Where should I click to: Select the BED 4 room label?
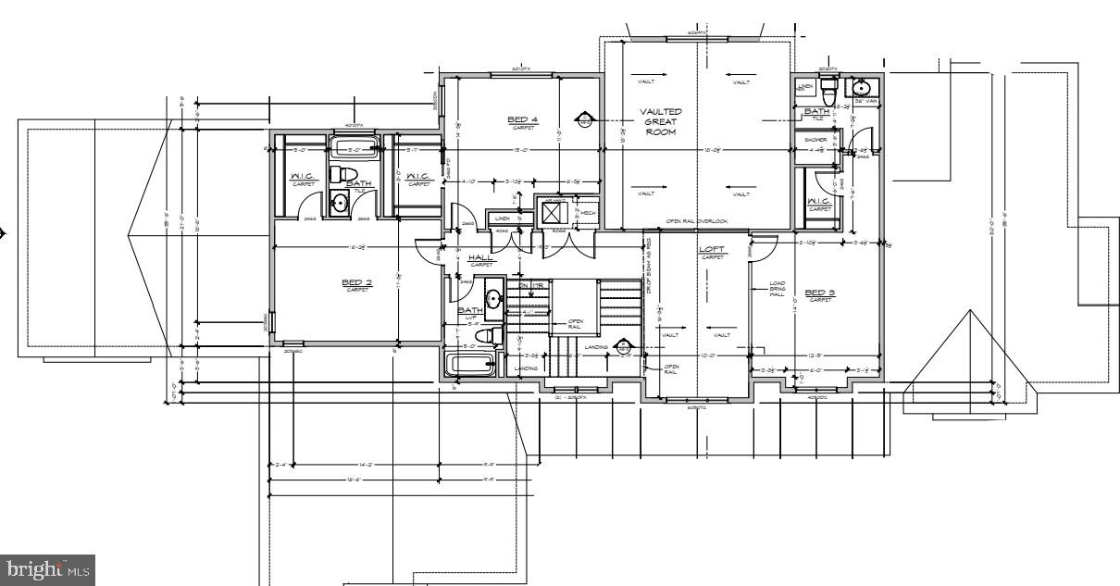(x=523, y=119)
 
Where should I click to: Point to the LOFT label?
(x=711, y=250)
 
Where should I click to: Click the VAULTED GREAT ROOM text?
(x=661, y=121)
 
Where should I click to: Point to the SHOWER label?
(x=816, y=141)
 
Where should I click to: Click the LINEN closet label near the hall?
(x=503, y=218)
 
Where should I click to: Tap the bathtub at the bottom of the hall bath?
(x=475, y=364)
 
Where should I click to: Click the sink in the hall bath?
(x=493, y=298)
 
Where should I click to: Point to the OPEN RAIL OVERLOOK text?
(x=698, y=222)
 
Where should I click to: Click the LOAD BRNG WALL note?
(x=777, y=289)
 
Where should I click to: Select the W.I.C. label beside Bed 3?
(x=818, y=201)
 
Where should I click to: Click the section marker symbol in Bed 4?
(x=585, y=118)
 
